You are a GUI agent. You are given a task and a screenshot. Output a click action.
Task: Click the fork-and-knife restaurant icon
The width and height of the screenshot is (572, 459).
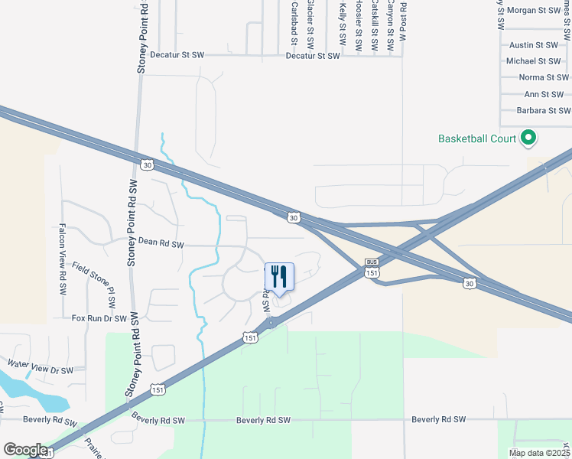tap(278, 276)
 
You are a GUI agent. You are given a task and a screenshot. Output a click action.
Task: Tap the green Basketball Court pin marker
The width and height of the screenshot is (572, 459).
tap(528, 138)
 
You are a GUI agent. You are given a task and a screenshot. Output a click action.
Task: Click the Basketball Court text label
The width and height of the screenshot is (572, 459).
tap(477, 138)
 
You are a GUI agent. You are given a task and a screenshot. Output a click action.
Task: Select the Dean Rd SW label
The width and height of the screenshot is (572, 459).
tap(161, 243)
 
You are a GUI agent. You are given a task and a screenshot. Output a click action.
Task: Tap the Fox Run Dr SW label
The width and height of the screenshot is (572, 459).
tap(99, 317)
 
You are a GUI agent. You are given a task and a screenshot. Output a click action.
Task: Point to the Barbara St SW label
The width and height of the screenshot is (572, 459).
tap(542, 111)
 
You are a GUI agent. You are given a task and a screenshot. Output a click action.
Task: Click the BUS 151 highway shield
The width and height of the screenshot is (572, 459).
tap(372, 268)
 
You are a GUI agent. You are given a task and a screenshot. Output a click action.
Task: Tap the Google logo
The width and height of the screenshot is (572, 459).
tap(25, 451)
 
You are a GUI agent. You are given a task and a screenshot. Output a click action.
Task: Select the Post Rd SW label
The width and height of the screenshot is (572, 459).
tap(403, 21)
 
